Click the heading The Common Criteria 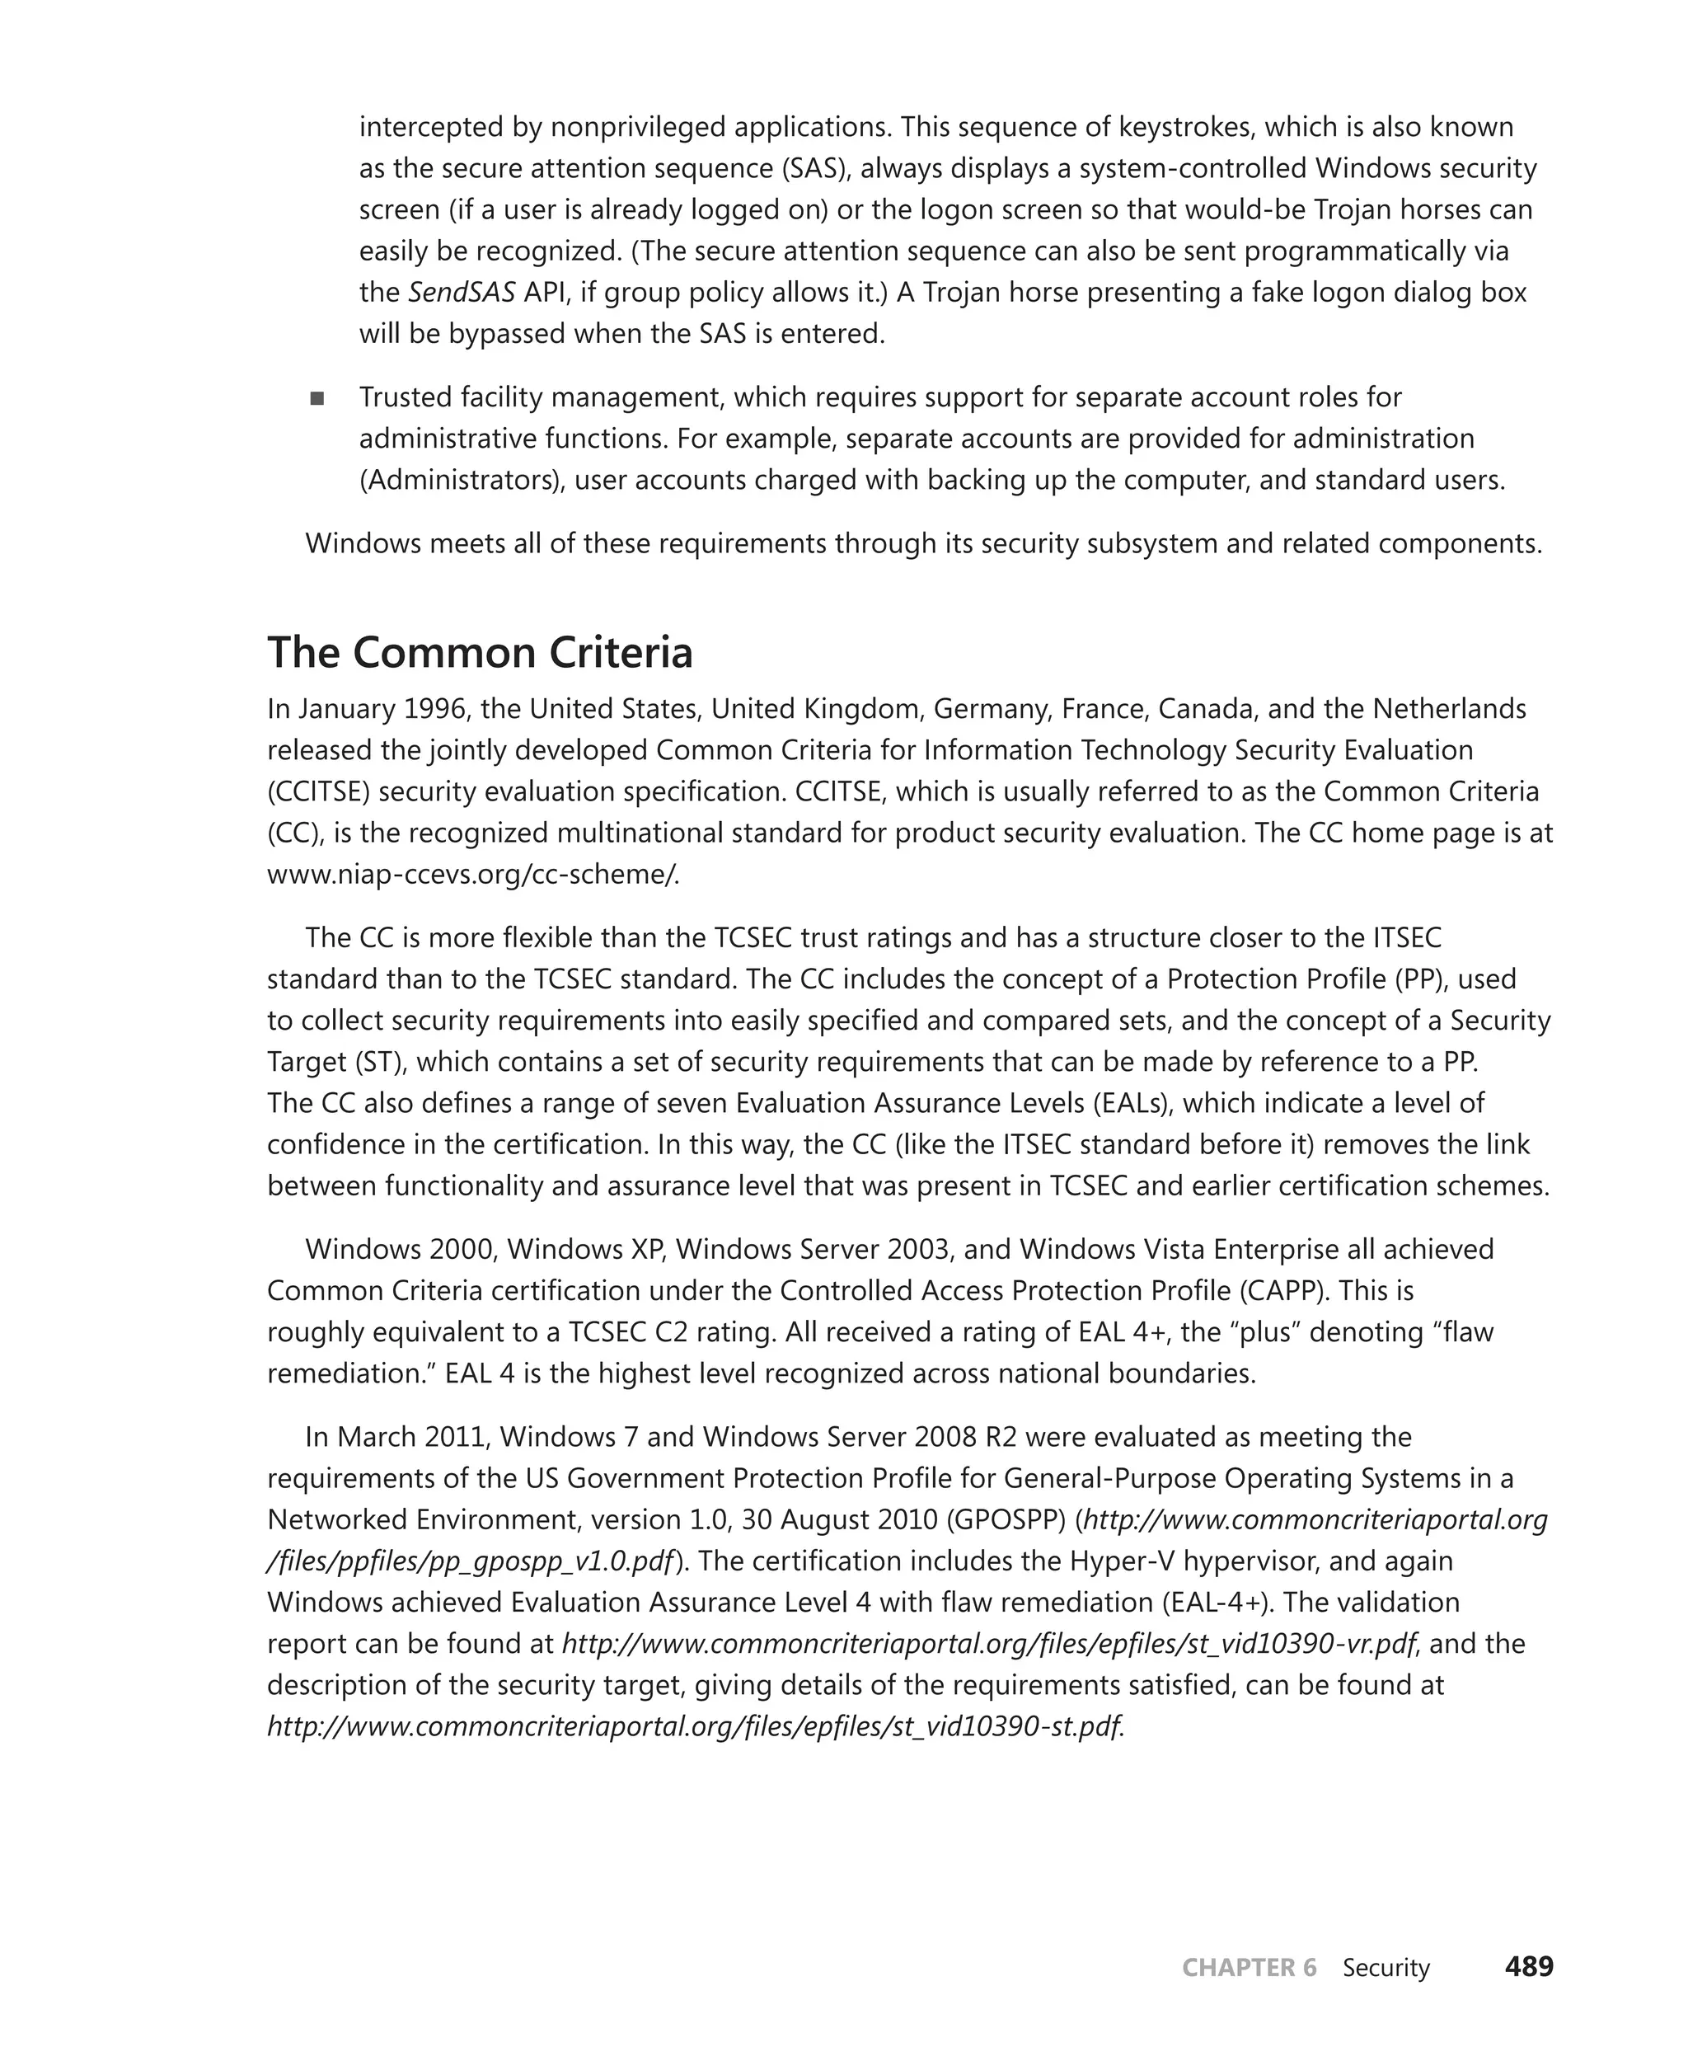point(480,653)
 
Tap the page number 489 point(1529,1967)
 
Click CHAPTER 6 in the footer point(1249,1968)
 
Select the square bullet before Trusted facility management point(317,398)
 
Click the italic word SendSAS point(461,292)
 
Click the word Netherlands point(1449,709)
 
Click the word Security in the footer point(1386,1968)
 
